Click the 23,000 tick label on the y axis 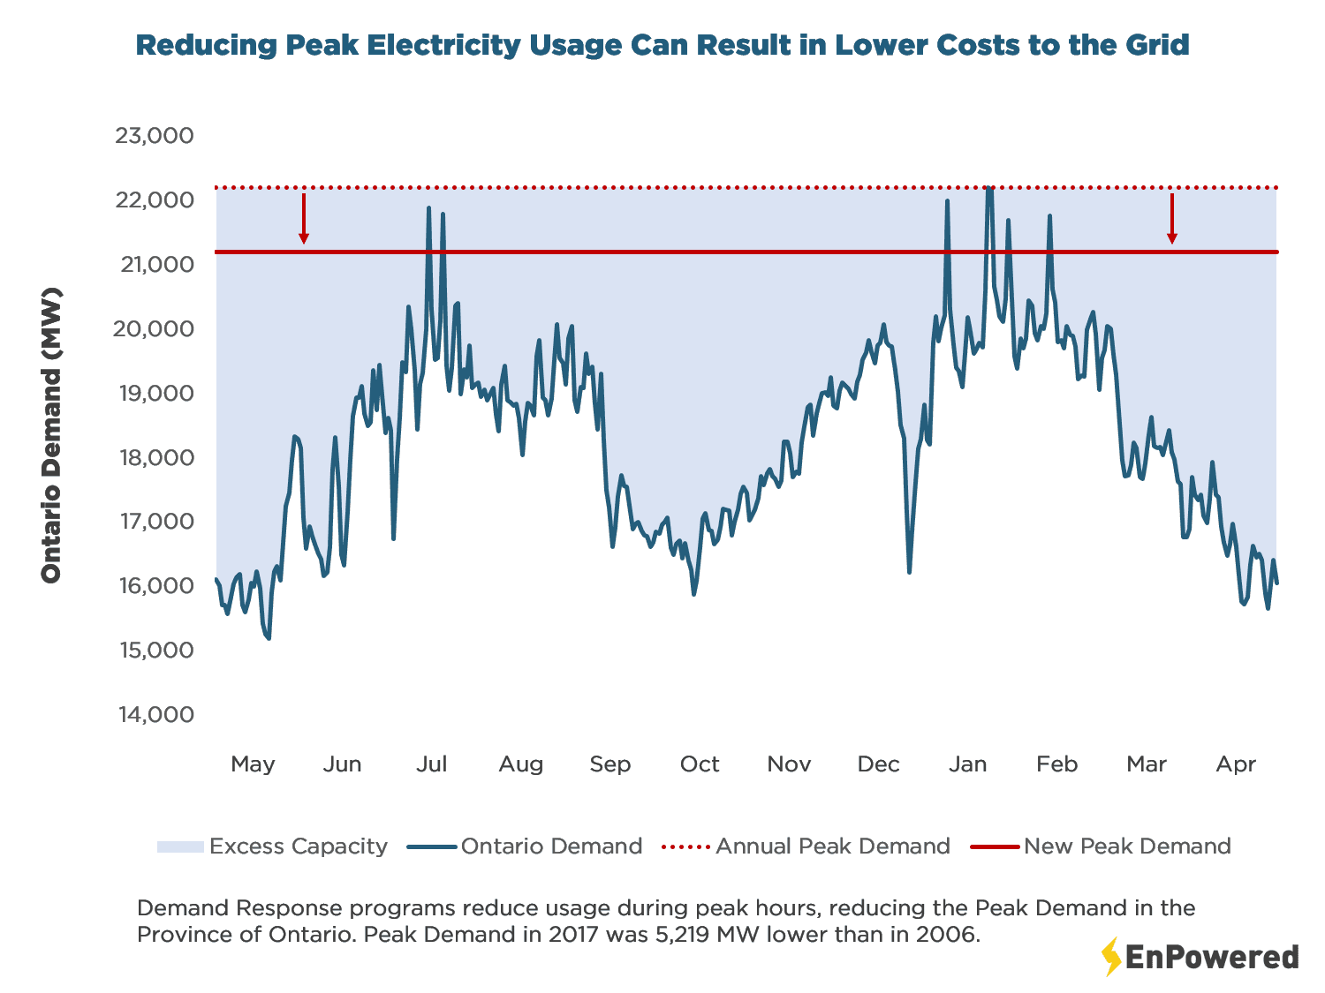155,136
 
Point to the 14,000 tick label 156,714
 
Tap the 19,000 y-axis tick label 156,393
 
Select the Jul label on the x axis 431,764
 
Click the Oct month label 700,764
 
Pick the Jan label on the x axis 967,764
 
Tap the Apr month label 1236,764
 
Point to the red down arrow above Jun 304,219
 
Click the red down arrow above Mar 1172,219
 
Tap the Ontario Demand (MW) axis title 52,435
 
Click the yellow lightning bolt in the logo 1110,957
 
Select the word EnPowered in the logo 1212,958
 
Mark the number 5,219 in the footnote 681,935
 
